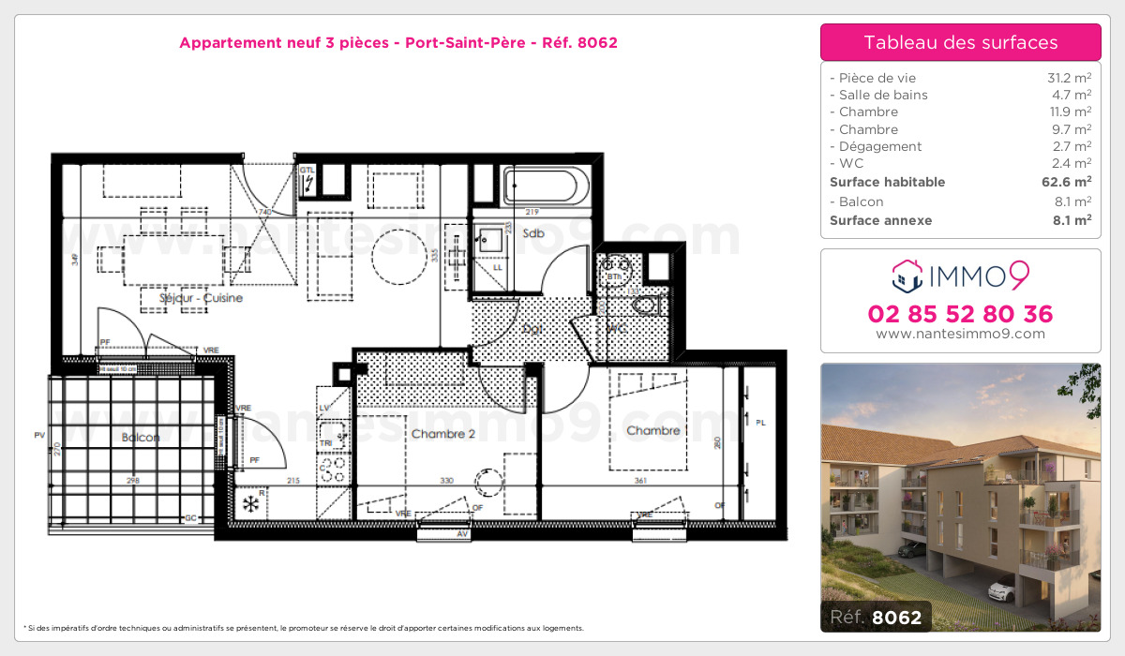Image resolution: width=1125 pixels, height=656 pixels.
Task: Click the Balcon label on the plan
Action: [140, 438]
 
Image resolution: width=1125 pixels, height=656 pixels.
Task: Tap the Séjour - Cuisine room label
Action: [203, 298]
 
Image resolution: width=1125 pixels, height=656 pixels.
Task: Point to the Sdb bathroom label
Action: [534, 233]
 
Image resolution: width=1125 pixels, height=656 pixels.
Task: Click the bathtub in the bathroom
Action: [546, 186]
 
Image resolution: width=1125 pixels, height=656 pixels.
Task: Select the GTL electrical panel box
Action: [308, 182]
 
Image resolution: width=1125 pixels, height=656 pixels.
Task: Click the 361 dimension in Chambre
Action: [641, 481]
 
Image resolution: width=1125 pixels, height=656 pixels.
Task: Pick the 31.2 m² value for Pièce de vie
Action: [1070, 78]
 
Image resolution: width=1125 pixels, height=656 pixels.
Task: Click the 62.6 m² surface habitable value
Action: [1069, 182]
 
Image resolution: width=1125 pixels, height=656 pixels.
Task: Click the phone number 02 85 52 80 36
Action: [961, 314]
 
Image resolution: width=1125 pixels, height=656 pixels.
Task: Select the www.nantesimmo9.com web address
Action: [961, 334]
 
